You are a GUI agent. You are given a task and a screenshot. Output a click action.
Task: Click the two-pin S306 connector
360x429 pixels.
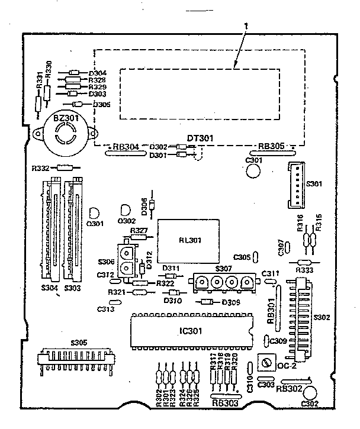127,261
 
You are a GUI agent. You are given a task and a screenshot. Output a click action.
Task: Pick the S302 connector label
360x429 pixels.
322,317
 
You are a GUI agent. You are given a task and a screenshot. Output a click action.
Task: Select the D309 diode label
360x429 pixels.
230,303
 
